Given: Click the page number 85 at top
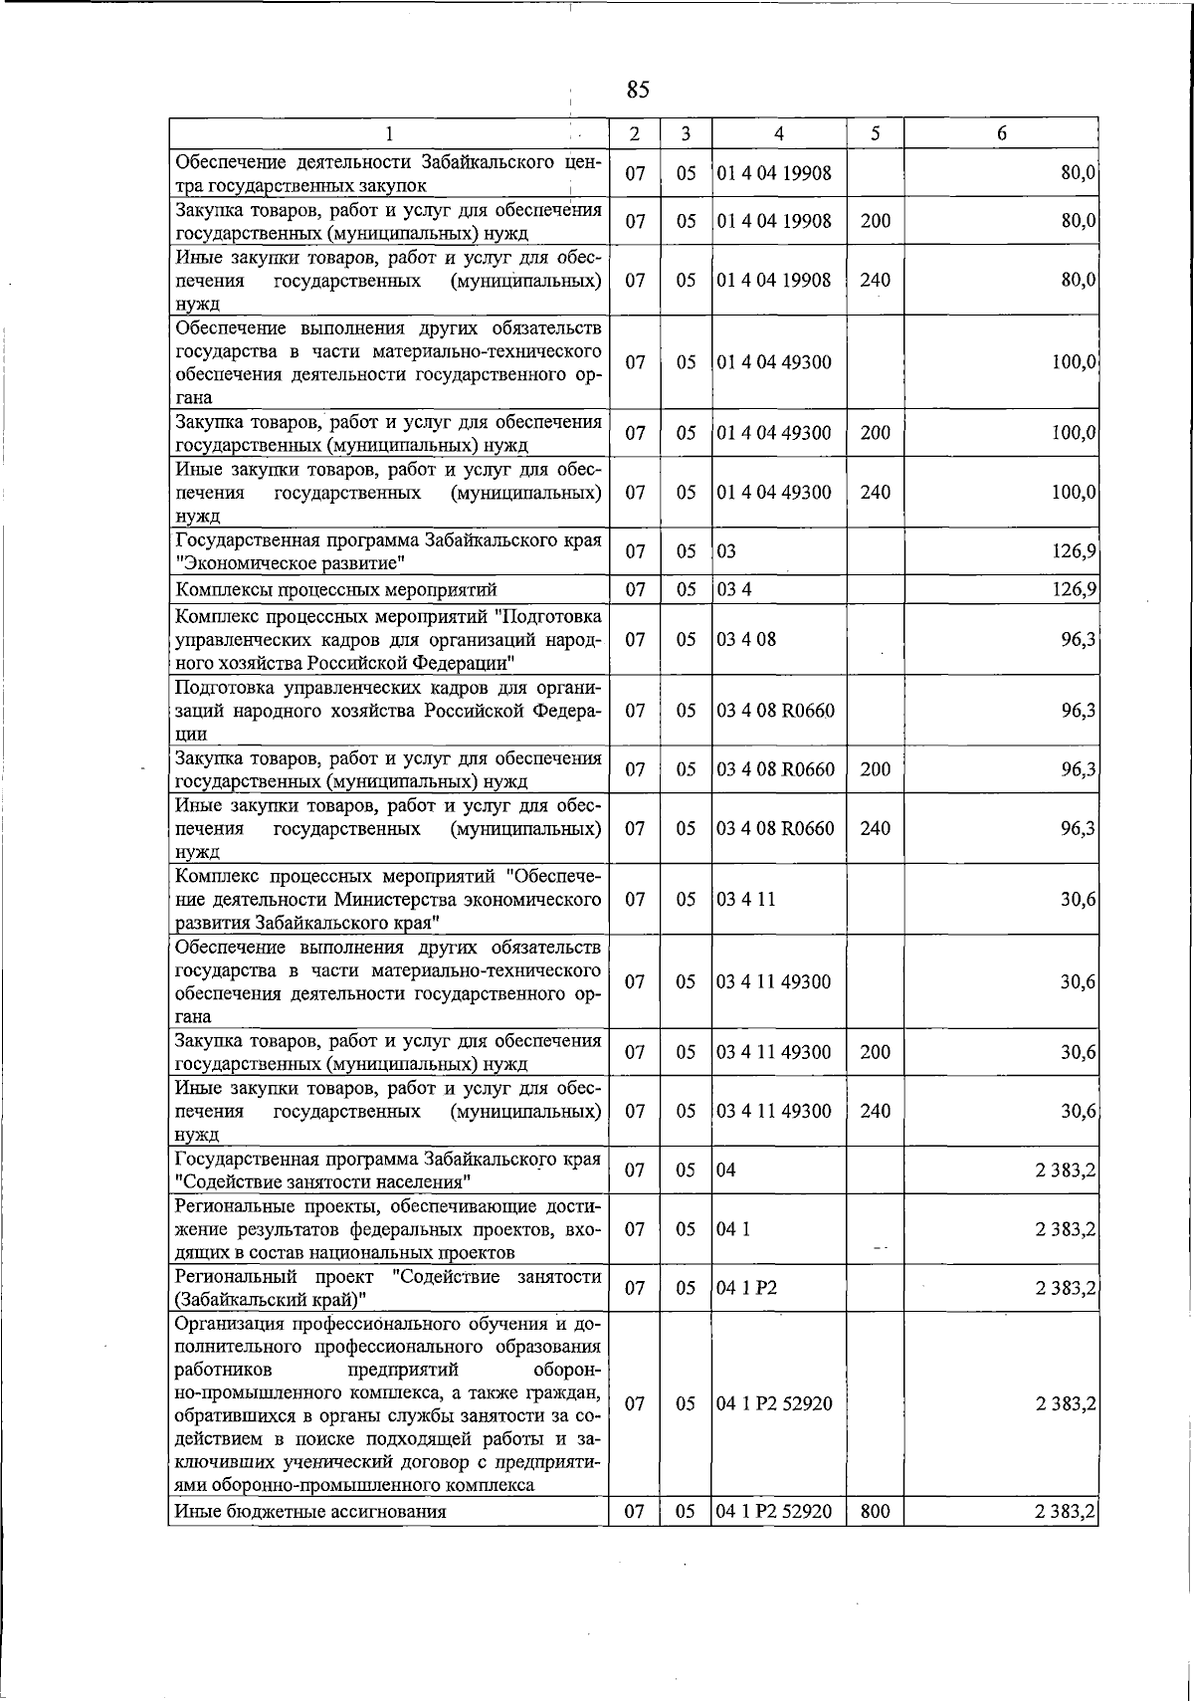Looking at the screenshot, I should click(638, 91).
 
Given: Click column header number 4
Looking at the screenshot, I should click(778, 133).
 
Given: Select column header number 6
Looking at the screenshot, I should click(1001, 133).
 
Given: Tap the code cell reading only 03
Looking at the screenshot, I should click(727, 551).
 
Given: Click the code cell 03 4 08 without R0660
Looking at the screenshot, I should click(746, 639).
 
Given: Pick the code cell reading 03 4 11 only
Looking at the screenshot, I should click(746, 899).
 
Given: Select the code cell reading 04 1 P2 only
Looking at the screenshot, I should click(747, 1288).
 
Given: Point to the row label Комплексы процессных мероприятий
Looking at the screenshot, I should click(335, 590).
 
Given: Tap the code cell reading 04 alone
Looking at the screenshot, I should click(727, 1169).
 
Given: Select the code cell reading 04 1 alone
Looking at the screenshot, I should click(734, 1229).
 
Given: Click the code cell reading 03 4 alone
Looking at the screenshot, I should click(734, 590).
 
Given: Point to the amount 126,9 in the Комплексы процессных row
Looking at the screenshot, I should click(1075, 590).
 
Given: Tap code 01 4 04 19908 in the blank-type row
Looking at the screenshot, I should click(774, 173).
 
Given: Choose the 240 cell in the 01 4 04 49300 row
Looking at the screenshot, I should click(875, 493).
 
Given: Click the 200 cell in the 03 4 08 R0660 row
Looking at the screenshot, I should click(875, 769).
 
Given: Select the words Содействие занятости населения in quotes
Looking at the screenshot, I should click(322, 1181).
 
